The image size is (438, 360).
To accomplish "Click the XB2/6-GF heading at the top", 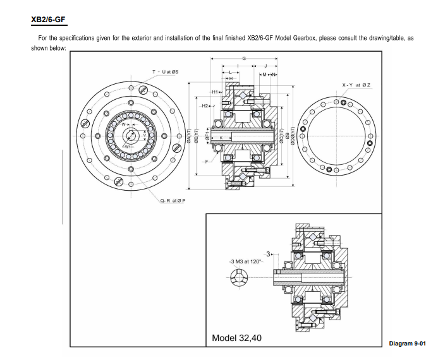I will [x=48, y=19].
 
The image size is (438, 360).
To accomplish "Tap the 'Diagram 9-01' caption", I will [x=408, y=343].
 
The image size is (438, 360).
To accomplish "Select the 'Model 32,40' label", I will [x=236, y=338].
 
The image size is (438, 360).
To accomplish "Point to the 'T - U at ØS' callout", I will [x=166, y=72].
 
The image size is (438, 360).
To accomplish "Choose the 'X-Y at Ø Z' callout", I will [x=356, y=85].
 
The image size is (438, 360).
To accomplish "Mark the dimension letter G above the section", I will [x=244, y=59].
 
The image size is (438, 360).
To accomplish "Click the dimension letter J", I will [x=266, y=66].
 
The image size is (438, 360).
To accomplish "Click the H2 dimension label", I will [x=207, y=106].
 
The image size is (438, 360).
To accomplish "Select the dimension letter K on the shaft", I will [x=222, y=138].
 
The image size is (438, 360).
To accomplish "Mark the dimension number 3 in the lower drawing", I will [x=268, y=254].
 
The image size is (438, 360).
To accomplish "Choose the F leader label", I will [x=205, y=162].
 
